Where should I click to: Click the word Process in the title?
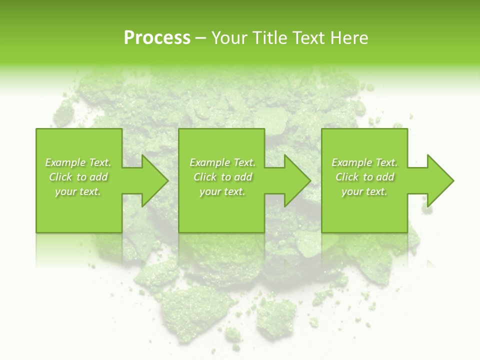click(157, 38)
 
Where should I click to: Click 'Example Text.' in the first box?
click(78, 162)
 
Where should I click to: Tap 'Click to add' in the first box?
click(78, 177)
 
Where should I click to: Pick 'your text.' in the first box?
click(78, 191)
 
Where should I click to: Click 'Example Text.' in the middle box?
click(222, 162)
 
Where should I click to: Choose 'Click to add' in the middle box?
click(222, 177)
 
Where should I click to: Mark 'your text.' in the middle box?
click(222, 191)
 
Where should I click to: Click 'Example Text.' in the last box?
click(364, 162)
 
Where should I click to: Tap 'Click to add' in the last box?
click(364, 177)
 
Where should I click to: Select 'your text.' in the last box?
click(364, 191)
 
